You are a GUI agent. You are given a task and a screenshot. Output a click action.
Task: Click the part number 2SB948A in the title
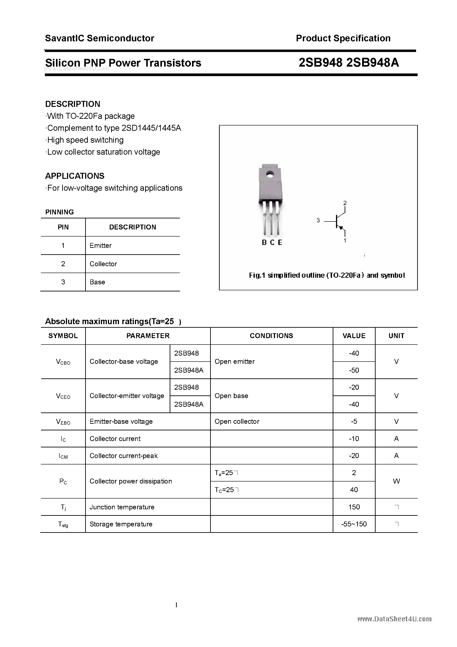[373, 63]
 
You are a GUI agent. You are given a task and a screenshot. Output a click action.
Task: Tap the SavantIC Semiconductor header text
[100, 38]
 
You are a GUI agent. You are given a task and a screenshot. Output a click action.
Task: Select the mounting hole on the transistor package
[270, 174]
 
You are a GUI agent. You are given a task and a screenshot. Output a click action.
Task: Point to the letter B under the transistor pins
[264, 243]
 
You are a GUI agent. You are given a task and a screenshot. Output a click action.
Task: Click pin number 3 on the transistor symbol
[318, 220]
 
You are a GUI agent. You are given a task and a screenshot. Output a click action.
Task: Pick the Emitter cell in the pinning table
[101, 245]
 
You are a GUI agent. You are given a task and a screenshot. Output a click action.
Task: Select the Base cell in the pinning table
[97, 282]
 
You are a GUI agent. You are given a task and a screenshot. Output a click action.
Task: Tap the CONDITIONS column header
[271, 336]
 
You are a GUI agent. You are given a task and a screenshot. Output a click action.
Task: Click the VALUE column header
[354, 336]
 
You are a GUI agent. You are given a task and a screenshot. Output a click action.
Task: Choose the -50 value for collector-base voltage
[354, 370]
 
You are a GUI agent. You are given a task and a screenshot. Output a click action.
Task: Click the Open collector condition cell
[237, 421]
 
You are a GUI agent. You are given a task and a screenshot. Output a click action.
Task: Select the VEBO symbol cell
[63, 422]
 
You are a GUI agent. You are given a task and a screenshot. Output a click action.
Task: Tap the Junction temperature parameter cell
[122, 507]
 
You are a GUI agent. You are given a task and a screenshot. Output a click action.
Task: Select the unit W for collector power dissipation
[396, 481]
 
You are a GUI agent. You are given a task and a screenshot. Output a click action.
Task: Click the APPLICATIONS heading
[75, 176]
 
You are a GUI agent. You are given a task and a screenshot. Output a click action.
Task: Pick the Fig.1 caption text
[327, 275]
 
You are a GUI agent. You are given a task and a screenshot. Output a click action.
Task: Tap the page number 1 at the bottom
[176, 605]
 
